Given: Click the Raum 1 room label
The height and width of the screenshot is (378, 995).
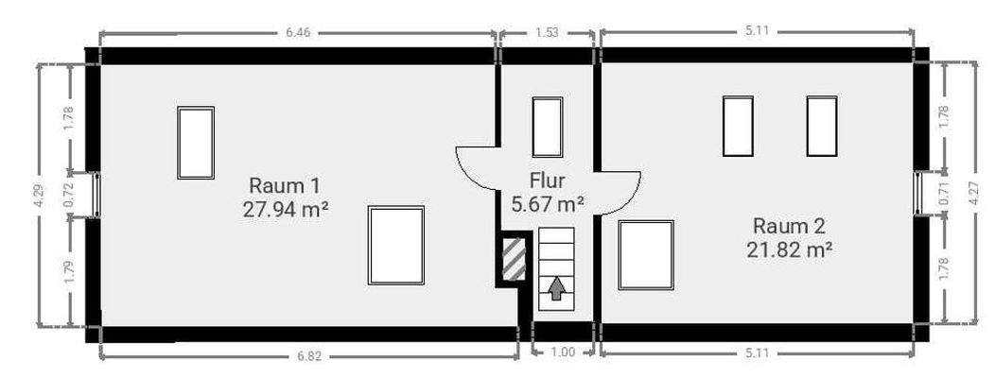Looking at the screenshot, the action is pos(284,186).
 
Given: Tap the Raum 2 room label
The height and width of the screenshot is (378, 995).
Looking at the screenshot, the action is pos(789,226).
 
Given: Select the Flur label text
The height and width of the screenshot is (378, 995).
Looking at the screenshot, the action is pos(547,181).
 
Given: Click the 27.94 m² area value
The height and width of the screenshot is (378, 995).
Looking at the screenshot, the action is pos(285,209).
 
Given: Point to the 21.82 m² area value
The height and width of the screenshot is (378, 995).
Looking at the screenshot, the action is pos(790,249).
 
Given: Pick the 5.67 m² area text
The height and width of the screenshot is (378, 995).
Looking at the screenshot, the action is pos(547,203).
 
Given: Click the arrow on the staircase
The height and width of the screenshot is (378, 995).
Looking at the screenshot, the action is pos(556,288).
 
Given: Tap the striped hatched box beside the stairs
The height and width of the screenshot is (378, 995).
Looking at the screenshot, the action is pos(514,259).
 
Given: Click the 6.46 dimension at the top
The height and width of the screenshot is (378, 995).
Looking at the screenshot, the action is pos(298,33).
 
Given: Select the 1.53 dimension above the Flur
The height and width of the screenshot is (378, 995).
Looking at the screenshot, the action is pos(547,33).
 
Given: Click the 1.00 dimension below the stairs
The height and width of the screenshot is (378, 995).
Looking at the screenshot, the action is pos(563,352).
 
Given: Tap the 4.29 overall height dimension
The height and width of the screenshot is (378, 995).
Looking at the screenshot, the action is pos(40,196).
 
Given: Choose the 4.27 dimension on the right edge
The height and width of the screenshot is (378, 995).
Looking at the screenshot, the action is pos(975,193).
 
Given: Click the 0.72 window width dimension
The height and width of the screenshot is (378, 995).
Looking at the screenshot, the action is pos(70,195).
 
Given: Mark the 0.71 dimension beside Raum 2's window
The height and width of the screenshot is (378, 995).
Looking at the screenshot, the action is pos(945,194).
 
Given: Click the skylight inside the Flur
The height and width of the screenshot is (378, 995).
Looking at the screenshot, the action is pos(547,127).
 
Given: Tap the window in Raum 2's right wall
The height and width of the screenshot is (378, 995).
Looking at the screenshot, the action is pos(917,193).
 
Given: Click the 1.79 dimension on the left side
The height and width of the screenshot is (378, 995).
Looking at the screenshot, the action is pos(70,271).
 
